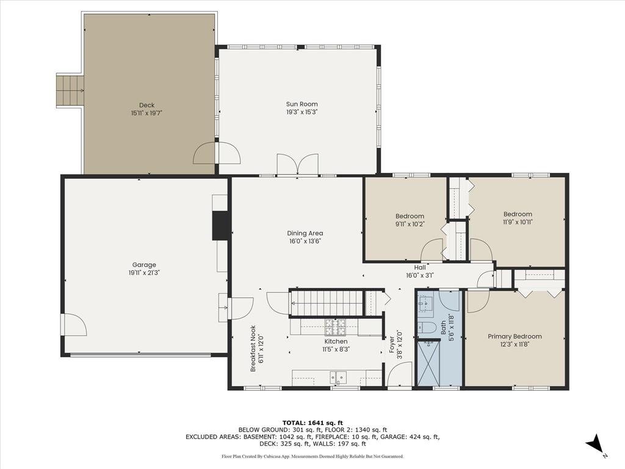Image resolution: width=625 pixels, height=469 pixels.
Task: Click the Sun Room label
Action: (302, 104)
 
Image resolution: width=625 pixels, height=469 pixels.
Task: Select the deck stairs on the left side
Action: (70, 90)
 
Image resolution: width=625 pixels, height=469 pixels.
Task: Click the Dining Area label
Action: (305, 233)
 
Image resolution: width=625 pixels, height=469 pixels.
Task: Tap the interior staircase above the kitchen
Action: (327, 303)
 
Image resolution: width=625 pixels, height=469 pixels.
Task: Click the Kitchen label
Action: (336, 341)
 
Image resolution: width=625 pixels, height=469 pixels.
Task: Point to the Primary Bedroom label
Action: (514, 336)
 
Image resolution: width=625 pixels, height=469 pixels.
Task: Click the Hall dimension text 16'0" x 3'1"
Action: (420, 275)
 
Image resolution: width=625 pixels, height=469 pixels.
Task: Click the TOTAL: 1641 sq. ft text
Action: (312, 423)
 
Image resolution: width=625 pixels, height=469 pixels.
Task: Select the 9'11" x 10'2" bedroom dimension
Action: (410, 224)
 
